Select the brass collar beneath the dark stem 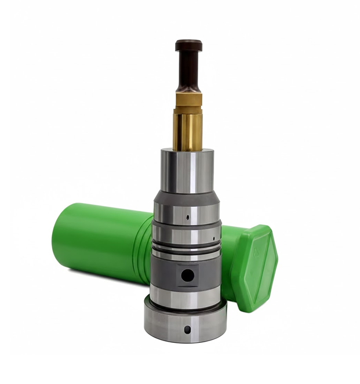[188, 99]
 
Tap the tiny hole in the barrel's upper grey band [188, 219]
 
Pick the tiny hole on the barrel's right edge [214, 238]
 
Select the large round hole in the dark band [186, 275]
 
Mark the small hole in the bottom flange [187, 329]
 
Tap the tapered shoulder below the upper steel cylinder [187, 197]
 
